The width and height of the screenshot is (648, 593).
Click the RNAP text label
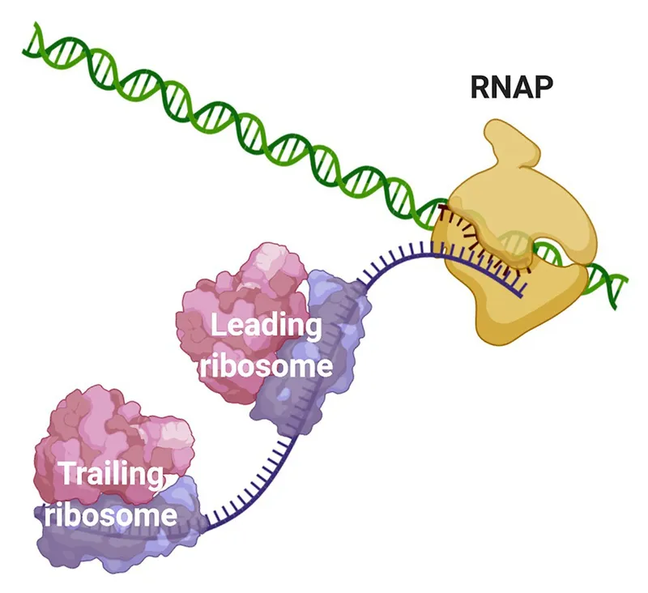512,87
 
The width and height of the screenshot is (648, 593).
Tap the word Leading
265,327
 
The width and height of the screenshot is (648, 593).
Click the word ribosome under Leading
266,366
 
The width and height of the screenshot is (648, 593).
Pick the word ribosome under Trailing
110,514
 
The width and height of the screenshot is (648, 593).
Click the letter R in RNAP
480,87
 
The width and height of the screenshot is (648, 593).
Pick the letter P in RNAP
544,87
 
